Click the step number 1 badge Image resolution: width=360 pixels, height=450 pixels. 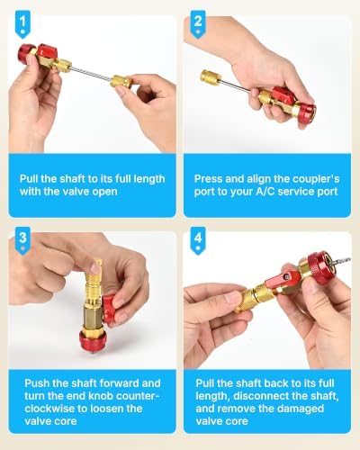point(22,24)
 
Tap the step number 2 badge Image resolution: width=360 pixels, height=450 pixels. point(198,24)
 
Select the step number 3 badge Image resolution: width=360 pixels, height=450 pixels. point(22,240)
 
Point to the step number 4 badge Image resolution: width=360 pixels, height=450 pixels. point(198,240)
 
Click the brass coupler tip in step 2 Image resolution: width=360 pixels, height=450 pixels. point(211,76)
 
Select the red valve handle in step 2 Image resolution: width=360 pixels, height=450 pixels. point(283,94)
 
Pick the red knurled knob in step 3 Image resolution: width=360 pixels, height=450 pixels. point(92,339)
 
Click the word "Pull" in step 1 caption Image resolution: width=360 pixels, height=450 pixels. point(29,179)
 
